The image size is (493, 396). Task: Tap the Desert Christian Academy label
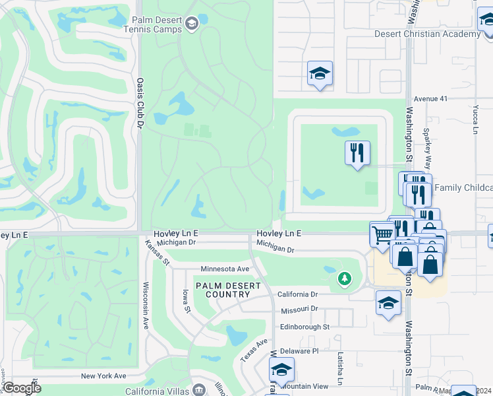click(x=426, y=34)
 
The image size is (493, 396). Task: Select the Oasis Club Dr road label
click(x=140, y=98)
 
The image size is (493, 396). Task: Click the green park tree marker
click(x=343, y=279)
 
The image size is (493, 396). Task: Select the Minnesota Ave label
click(x=225, y=269)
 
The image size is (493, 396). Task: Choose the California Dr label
click(x=297, y=294)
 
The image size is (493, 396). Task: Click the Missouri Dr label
click(x=299, y=308)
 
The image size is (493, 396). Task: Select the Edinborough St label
click(x=304, y=327)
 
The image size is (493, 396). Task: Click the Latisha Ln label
click(x=341, y=368)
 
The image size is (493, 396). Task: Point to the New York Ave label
click(x=103, y=376)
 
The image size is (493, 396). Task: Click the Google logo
click(x=21, y=388)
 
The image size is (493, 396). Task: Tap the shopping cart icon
click(x=382, y=234)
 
